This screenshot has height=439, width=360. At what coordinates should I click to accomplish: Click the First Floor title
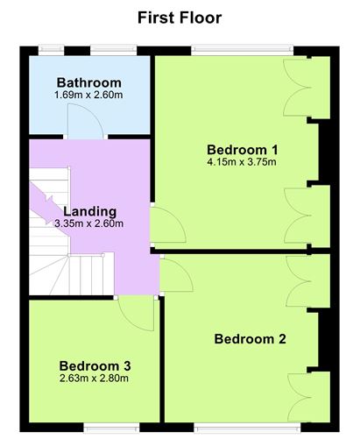click(180, 17)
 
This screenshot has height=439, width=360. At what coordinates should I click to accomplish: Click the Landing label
click(89, 210)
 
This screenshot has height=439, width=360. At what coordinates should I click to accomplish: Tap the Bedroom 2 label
click(251, 338)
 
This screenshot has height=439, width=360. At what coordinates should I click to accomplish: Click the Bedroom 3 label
click(95, 365)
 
